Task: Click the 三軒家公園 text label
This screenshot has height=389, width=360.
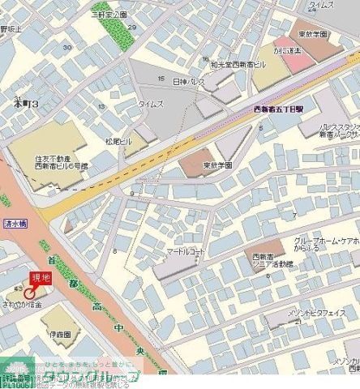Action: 109,15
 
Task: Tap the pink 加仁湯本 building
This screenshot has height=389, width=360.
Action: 285,49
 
